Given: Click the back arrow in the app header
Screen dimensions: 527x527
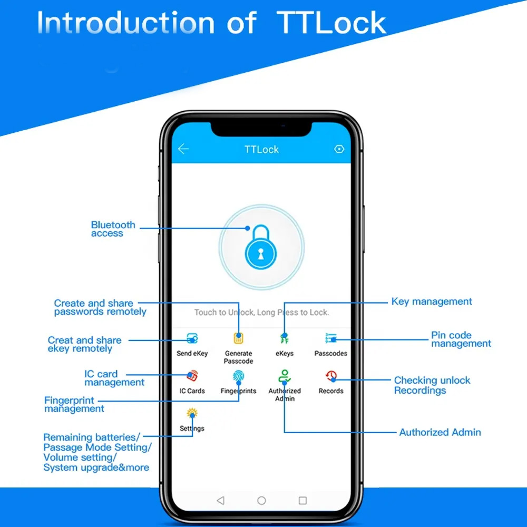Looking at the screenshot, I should (183, 149).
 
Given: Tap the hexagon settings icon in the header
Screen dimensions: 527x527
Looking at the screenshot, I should (339, 149).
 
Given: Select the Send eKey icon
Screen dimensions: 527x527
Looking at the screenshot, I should (192, 338).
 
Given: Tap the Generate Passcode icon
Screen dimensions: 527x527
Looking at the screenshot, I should (239, 338).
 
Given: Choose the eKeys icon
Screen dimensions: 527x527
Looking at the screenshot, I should (285, 338).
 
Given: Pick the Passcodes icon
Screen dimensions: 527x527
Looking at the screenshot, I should (331, 338).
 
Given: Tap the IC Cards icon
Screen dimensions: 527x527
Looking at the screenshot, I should (192, 376).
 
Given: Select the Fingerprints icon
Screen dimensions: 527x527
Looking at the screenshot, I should (239, 376).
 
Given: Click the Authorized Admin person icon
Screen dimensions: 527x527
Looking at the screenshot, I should (285, 376).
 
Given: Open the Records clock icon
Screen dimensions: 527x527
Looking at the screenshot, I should (331, 376).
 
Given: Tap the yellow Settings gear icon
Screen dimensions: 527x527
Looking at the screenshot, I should (192, 414).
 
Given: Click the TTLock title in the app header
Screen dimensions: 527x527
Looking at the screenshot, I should (261, 150).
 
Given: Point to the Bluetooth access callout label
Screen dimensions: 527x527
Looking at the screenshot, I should (113, 229).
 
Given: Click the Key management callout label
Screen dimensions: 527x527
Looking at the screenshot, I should (432, 302).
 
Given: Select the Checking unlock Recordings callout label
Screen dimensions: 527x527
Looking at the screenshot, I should (432, 385).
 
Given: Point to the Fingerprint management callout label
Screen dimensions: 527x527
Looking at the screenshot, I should (74, 405).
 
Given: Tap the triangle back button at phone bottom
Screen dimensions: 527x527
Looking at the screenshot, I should (221, 500).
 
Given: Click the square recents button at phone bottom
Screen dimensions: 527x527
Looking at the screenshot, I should (302, 500).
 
